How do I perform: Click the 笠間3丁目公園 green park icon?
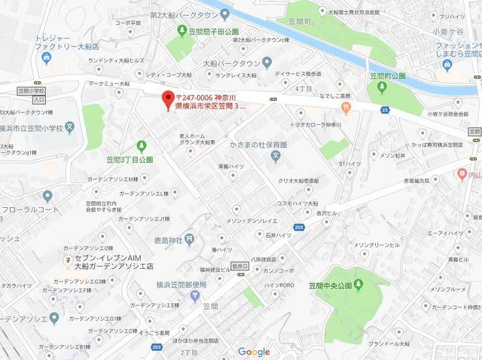(141, 145)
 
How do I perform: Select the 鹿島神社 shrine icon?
(191, 239)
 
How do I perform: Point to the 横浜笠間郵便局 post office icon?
(195, 294)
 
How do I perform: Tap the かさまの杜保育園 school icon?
(276, 157)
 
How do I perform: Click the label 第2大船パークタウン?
(186, 15)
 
